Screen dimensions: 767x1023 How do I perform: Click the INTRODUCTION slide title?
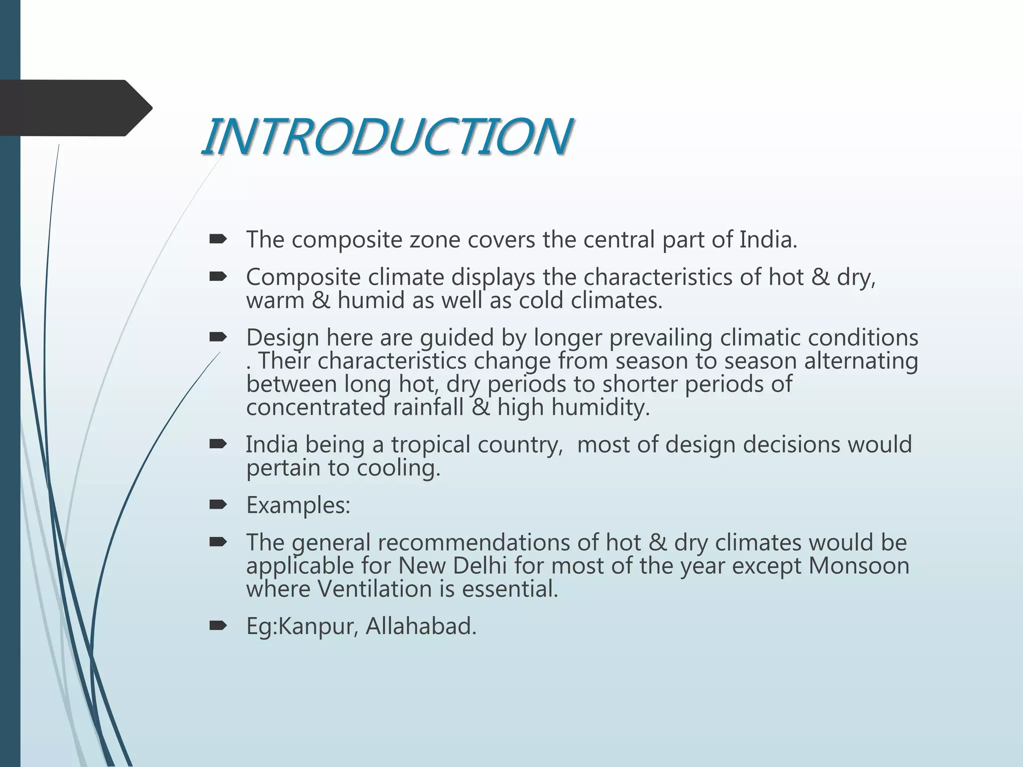tap(387, 136)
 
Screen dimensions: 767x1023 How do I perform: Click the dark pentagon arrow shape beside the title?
tap(75, 108)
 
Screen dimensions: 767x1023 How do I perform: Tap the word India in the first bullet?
tap(767, 240)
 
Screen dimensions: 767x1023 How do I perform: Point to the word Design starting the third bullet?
tap(282, 338)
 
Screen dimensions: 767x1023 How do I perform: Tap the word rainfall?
tap(428, 407)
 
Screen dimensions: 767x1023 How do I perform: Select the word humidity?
tap(600, 407)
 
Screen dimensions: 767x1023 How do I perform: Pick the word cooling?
tap(398, 468)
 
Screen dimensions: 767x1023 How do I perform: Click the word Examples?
tap(298, 505)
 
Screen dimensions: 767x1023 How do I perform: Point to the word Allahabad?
tap(421, 626)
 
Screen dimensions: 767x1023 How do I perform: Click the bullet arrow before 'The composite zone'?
tap(218, 240)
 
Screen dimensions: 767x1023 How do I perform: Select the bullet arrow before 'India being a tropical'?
tap(218, 444)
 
